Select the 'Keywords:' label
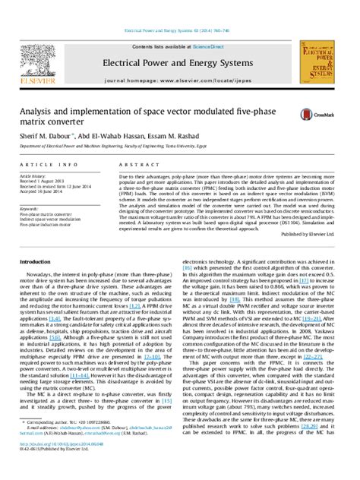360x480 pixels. click(30, 207)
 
